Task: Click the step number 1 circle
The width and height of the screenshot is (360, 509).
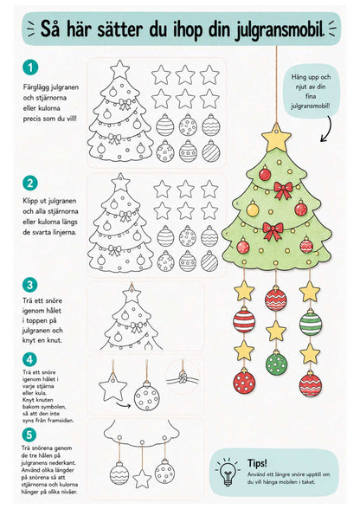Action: pos(30,68)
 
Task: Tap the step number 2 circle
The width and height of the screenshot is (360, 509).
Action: pos(30,184)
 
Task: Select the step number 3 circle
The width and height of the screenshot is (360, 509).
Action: pos(30,285)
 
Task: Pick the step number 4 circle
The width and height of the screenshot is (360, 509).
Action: pos(29,359)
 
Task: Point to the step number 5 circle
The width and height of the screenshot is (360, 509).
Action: pos(29,435)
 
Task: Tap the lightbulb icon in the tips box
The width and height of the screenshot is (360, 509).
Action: pos(228,472)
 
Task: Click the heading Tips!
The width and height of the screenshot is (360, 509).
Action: pos(257,463)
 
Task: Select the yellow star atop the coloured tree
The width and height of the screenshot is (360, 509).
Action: pos(276,138)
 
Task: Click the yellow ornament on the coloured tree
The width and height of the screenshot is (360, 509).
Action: pos(253,209)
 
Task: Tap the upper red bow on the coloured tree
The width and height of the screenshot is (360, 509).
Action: pos(283,190)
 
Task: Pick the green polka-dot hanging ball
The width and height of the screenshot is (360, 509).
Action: pos(276,364)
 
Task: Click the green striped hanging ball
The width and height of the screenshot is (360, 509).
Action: pos(311,323)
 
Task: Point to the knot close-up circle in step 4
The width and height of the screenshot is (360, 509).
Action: pos(183,377)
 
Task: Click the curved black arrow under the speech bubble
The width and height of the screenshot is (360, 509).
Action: pos(326,129)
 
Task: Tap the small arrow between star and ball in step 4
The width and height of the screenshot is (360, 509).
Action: pos(124,404)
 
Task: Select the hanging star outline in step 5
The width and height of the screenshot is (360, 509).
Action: pos(142,479)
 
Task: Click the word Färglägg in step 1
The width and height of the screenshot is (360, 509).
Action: pos(36,87)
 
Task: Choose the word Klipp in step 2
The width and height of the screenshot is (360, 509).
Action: pos(31,201)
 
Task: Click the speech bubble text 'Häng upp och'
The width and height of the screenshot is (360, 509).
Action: pos(311,77)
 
